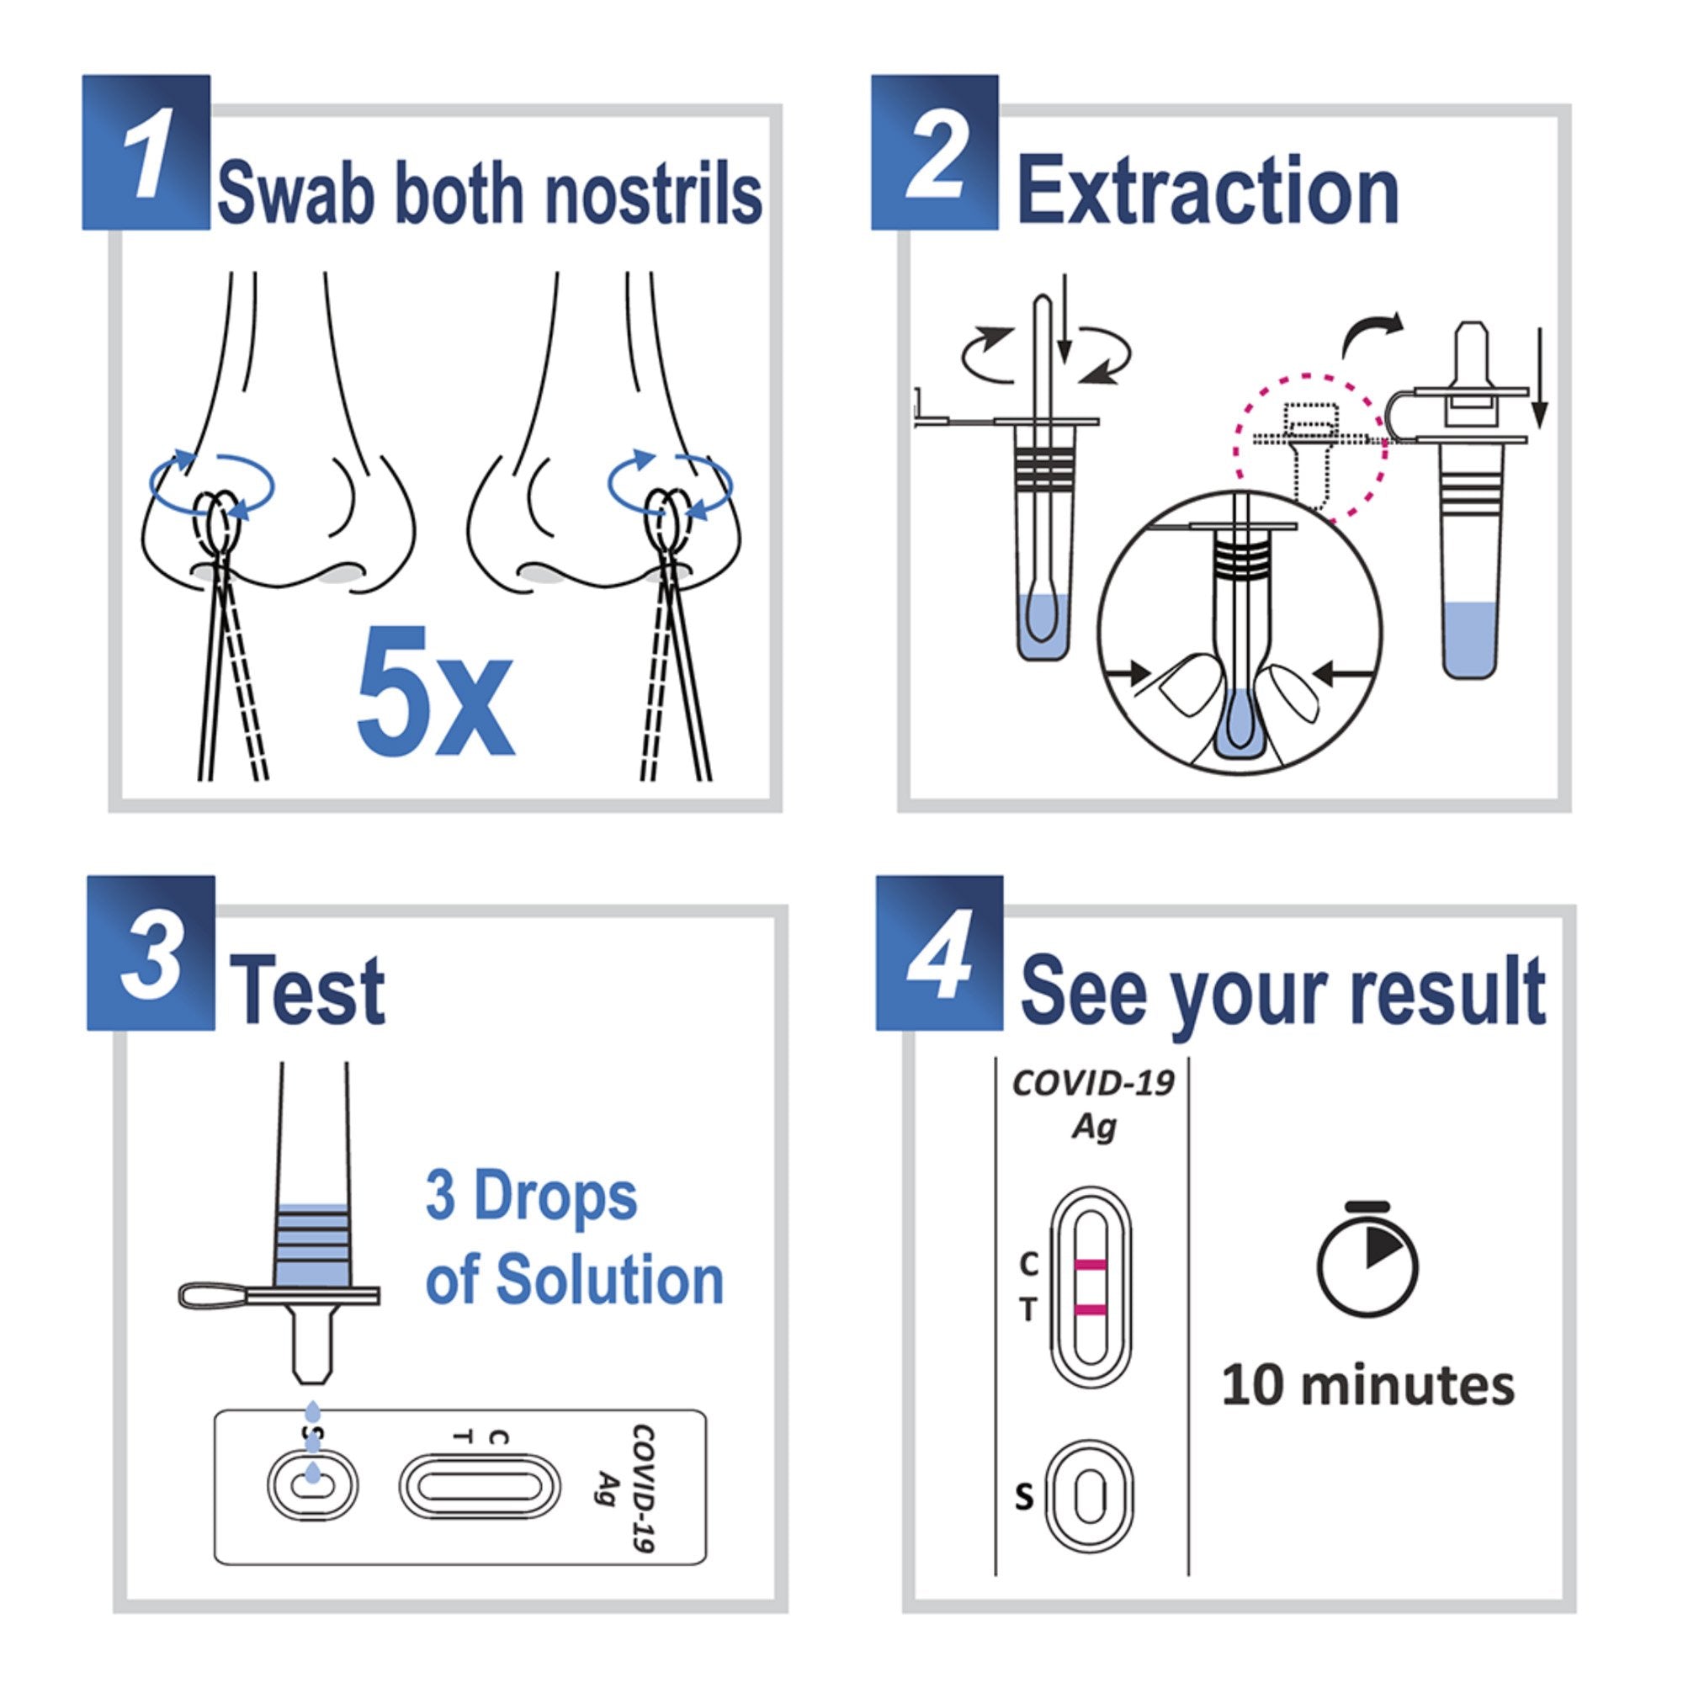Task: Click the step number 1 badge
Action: [146, 153]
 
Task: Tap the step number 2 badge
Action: [934, 153]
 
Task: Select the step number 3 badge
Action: [150, 954]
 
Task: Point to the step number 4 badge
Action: [939, 954]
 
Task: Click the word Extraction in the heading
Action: [1208, 192]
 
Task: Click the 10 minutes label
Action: [1367, 1386]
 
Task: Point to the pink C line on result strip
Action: [1091, 1264]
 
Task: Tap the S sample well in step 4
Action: [1090, 1498]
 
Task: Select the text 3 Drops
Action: [531, 1197]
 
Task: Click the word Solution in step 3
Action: [610, 1280]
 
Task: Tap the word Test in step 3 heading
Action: [308, 990]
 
